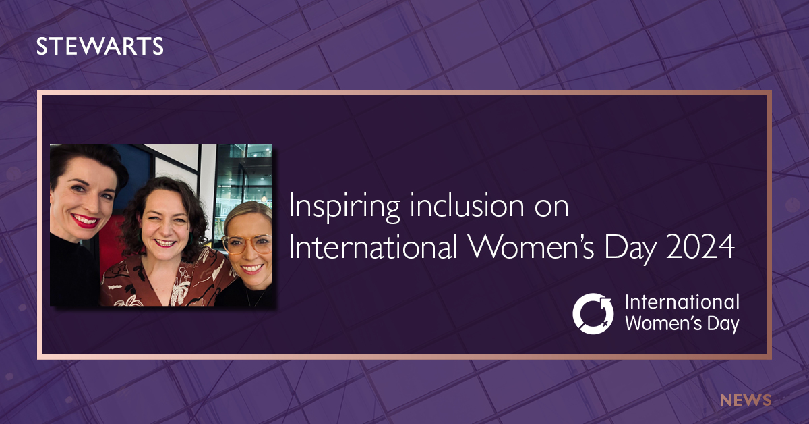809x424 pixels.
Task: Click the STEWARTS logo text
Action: click(99, 47)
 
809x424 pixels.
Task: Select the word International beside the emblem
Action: click(682, 302)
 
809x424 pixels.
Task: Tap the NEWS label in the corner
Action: click(745, 400)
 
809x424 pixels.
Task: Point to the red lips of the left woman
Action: click(86, 220)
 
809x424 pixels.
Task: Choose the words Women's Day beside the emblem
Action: click(682, 323)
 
